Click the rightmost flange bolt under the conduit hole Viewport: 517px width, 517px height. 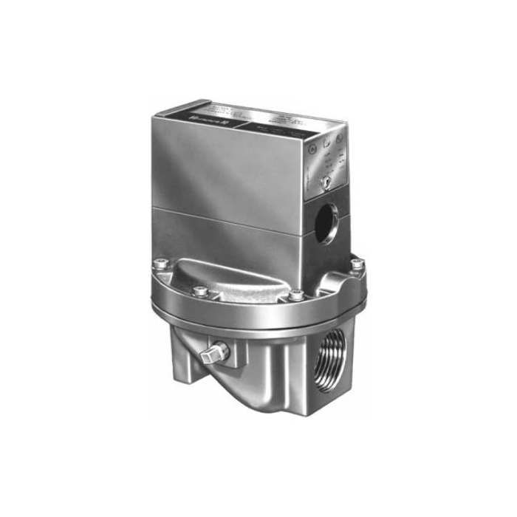pyautogui.click(x=357, y=264)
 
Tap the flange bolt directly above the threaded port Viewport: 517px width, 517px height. pyautogui.click(x=296, y=295)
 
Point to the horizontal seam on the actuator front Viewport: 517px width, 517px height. pyautogui.click(x=229, y=211)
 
